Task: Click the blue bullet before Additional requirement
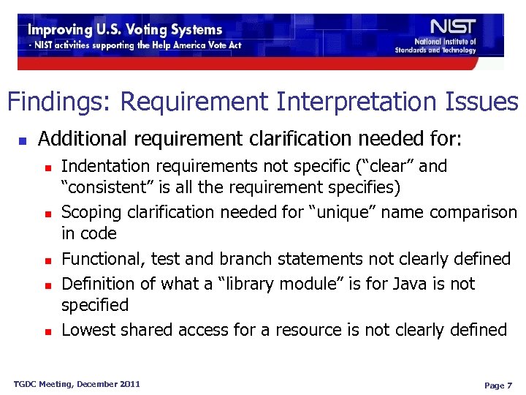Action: pos(22,139)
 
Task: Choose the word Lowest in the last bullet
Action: pos(89,330)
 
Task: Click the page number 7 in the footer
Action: pos(511,385)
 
